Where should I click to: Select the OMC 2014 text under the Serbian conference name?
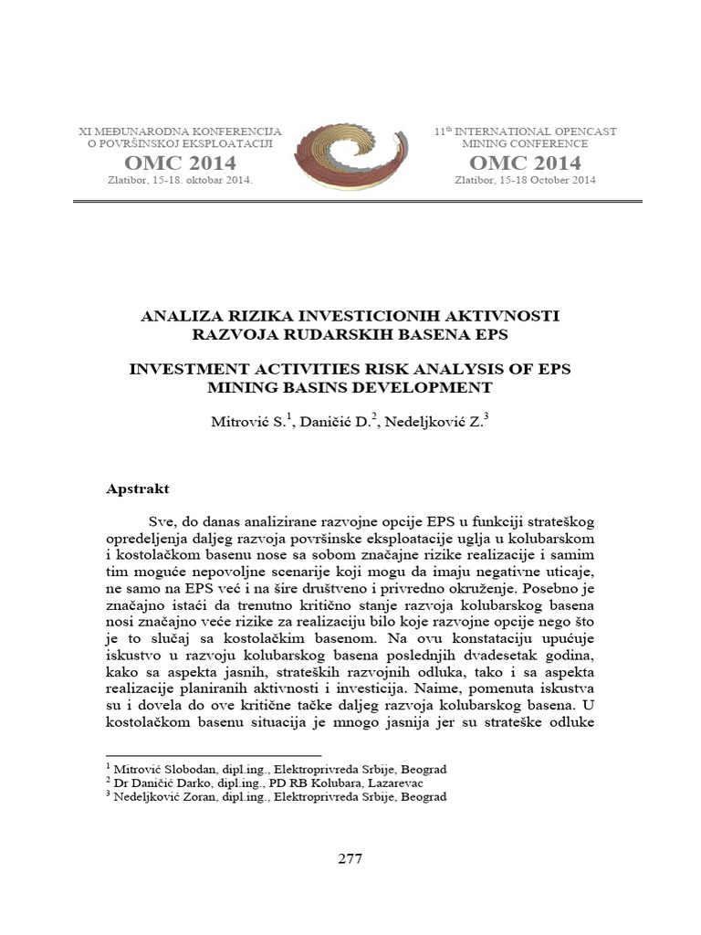[x=180, y=163]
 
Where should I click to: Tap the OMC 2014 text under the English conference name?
[x=525, y=163]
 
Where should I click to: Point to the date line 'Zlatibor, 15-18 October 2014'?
[x=525, y=180]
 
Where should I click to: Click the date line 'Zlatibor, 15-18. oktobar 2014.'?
[x=180, y=180]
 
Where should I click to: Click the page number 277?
[x=350, y=858]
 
